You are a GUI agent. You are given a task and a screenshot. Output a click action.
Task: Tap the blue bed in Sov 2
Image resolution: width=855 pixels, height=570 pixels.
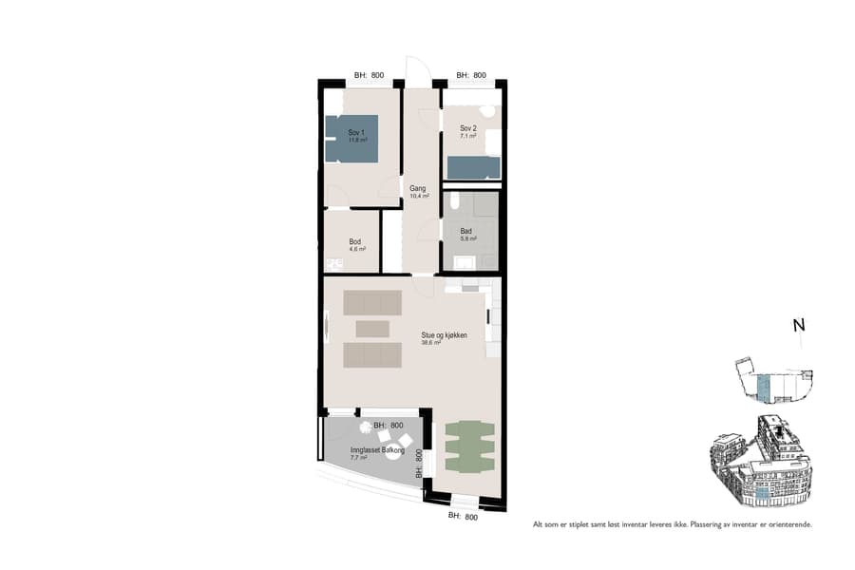coord(473,168)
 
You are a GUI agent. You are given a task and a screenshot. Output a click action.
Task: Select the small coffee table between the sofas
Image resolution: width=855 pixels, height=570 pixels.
coord(371,329)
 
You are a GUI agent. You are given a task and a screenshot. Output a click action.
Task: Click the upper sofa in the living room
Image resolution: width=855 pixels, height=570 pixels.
coord(372,303)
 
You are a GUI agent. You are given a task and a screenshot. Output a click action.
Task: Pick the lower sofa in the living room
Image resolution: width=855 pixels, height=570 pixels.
coord(372,355)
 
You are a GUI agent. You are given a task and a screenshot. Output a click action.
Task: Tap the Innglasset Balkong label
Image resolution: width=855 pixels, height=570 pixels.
coord(376,451)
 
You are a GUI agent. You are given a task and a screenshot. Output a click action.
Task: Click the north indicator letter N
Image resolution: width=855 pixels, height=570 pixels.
coord(799,326)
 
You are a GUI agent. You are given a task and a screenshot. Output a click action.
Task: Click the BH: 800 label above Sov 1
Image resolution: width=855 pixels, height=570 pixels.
coord(369,75)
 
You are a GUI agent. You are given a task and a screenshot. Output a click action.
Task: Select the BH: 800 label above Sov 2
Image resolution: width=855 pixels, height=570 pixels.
coord(471,75)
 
